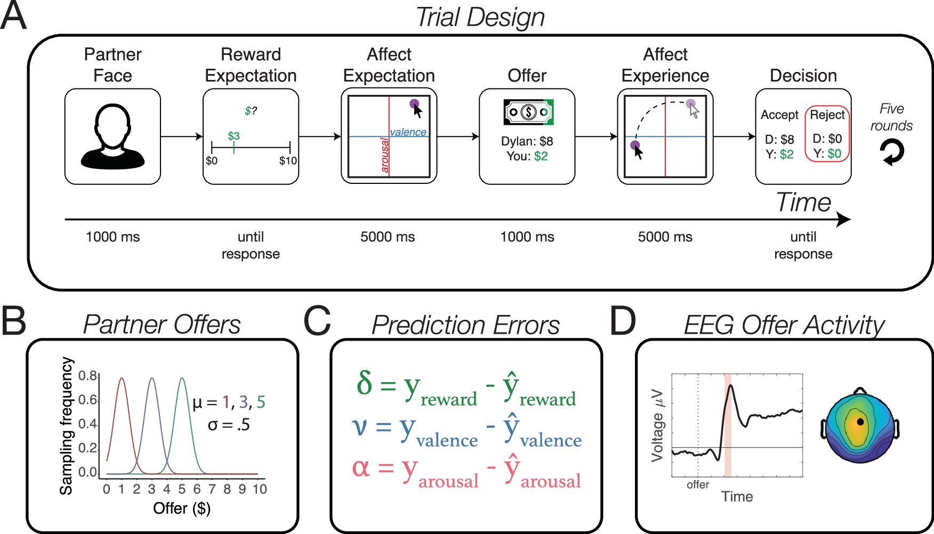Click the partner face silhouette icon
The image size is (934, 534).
point(112,137)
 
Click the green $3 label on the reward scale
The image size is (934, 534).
point(233,136)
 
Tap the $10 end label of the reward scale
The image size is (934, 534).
point(288,160)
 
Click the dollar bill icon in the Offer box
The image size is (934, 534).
point(528,112)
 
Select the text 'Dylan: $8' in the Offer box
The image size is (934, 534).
point(527,141)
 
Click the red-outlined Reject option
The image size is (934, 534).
point(827,134)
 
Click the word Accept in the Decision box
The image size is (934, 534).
point(779,115)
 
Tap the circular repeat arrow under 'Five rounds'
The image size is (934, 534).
point(892,152)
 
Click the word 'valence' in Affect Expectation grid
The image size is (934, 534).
point(408,132)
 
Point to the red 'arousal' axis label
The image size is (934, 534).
point(384,155)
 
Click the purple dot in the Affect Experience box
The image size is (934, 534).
point(635,145)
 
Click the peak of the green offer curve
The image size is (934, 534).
point(182,378)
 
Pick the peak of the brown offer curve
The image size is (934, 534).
point(122,378)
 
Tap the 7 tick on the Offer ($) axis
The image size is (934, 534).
point(212,489)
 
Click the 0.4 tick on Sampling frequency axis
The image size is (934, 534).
point(87,424)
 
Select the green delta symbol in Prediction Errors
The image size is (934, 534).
point(364,383)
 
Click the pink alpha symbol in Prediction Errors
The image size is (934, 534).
point(360,467)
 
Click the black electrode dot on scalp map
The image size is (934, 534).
point(860,422)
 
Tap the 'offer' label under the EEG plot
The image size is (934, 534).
point(697,484)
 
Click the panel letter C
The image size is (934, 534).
point(317,322)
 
